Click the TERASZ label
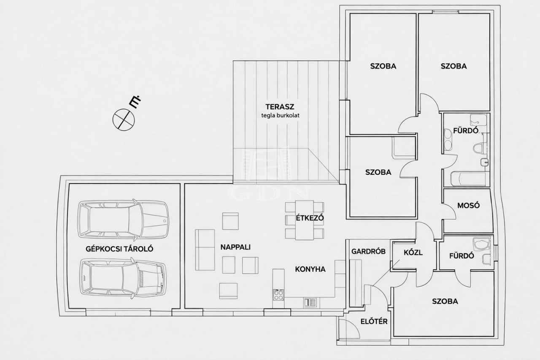tap(280, 107)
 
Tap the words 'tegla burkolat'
tap(280, 116)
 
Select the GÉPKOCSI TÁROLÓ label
tap(119, 249)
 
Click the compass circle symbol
tap(124, 119)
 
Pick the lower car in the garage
tap(123, 278)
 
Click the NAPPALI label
tap(235, 247)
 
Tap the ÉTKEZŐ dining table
tap(305, 220)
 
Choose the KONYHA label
tap(310, 269)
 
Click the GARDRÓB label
tap(368, 251)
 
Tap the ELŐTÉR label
tap(374, 322)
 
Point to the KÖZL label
tap(413, 252)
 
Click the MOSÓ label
tap(468, 206)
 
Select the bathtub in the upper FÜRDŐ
tap(468, 179)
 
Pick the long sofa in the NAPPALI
tap(205, 250)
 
